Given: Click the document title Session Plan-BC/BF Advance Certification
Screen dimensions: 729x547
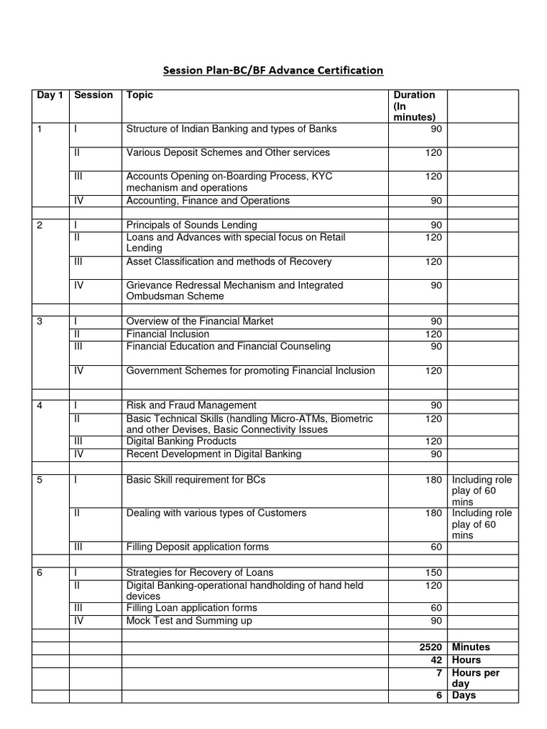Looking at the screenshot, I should coord(273,70).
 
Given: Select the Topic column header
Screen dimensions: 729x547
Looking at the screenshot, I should coord(140,95).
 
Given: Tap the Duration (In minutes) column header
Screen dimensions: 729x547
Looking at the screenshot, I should coord(415,106).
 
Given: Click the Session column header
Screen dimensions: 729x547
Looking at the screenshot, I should coord(93,95).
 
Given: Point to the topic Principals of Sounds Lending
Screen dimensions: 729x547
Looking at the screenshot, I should coord(192,225).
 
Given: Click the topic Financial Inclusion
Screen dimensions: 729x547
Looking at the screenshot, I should coord(168,334).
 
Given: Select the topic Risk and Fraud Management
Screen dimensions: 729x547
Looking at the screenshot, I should coord(192,405).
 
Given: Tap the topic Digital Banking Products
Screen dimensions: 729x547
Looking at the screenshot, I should coord(181,441).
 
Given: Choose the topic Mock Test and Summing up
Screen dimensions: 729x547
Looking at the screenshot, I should coord(189,621).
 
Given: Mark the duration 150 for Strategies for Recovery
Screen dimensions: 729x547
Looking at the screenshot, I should coord(433,572).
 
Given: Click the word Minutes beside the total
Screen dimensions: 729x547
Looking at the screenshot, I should coord(471,647).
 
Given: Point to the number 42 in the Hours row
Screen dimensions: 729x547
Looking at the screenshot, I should coord(436,660).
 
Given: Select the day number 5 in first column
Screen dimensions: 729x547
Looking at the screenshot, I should coord(40,479).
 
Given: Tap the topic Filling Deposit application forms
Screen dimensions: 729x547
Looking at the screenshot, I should coord(197,547).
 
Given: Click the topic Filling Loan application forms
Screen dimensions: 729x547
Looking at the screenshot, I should coord(192,608).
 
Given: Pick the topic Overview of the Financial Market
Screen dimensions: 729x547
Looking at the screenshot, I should coord(199,321).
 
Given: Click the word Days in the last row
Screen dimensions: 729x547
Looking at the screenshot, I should coord(464,696).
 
